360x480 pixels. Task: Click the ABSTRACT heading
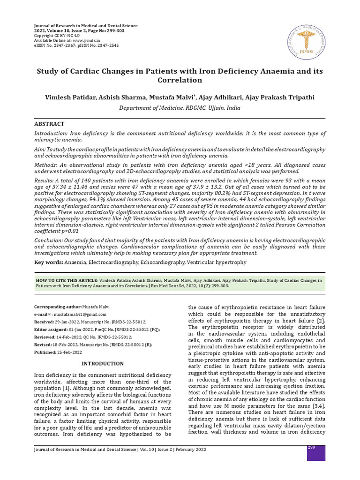(49, 124)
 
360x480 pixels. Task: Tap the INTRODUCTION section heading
(103, 363)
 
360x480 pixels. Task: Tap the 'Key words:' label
(48, 262)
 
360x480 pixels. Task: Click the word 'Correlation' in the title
(180, 80)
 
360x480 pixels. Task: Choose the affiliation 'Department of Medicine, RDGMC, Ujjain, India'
(180, 107)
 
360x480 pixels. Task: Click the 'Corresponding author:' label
(58, 306)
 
